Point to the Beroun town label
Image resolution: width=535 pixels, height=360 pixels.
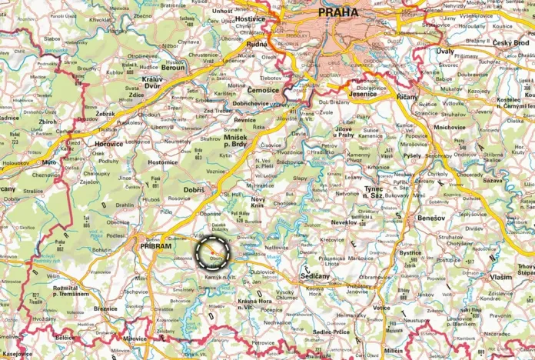point(173,67)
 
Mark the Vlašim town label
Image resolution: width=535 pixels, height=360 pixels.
point(501,276)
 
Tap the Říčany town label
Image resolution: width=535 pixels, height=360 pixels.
point(407,97)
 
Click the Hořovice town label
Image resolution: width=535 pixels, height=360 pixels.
point(109,143)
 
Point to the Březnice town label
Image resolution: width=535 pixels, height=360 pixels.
point(105,308)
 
